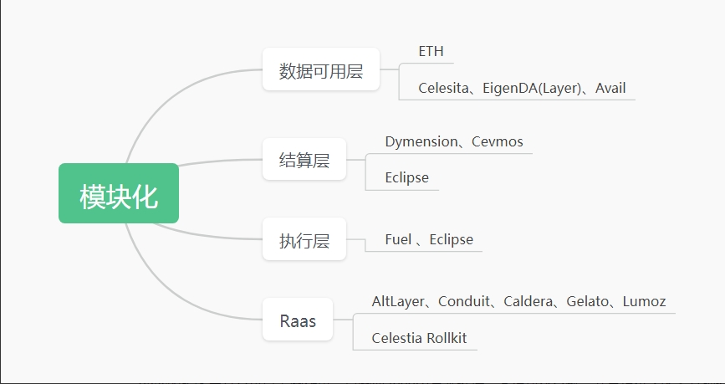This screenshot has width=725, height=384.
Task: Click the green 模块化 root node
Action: point(119,193)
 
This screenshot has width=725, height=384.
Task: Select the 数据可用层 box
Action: point(321,70)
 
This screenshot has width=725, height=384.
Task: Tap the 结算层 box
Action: point(304,160)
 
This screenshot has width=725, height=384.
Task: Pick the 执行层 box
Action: point(304,241)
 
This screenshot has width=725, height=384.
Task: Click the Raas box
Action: point(298,320)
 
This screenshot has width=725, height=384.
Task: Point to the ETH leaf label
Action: point(431,52)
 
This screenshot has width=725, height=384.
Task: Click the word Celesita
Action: point(444,88)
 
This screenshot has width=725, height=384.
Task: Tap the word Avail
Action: point(610,88)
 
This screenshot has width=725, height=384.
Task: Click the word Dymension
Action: point(421,141)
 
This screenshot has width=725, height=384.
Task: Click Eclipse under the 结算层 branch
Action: point(406,177)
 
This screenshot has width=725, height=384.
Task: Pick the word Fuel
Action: point(398,239)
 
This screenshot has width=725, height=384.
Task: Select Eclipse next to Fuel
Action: point(451,239)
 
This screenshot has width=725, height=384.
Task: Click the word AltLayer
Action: point(398,301)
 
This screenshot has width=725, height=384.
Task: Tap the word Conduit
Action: point(465,301)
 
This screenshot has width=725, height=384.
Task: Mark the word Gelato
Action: point(588,301)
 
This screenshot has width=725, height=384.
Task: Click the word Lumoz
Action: point(644,301)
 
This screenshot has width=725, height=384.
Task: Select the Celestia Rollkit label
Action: point(419,338)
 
